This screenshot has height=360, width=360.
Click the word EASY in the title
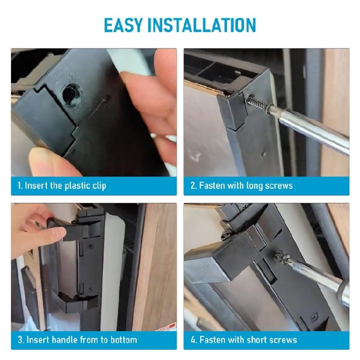point(123,25)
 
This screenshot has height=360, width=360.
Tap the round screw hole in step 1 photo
point(71,95)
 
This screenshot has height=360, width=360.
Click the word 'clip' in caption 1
point(99,186)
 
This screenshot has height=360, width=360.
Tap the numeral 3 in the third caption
point(20,339)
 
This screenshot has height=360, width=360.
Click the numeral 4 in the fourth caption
point(193,339)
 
